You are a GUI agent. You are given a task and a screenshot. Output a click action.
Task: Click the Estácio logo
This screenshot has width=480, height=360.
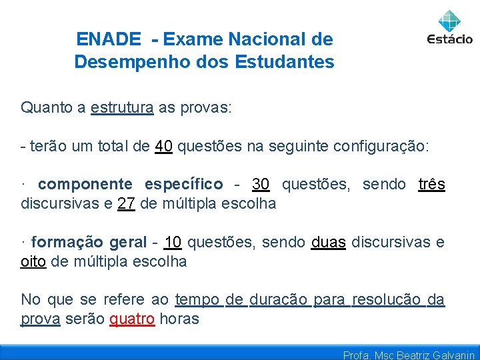point(449,27)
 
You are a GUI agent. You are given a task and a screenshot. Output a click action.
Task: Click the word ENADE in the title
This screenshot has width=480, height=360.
point(109,39)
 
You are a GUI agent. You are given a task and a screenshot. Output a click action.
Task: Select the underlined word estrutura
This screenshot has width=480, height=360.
point(122,107)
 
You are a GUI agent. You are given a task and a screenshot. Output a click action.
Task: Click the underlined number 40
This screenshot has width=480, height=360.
point(164,147)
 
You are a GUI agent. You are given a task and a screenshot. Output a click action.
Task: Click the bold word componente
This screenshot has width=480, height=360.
point(85,184)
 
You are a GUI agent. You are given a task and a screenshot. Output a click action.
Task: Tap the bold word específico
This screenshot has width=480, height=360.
point(184,184)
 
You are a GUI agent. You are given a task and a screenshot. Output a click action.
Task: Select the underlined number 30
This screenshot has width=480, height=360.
point(261,184)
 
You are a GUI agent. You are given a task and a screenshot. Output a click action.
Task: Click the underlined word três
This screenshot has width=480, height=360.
point(431,184)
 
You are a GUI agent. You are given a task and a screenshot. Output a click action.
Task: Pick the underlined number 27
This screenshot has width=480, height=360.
point(127,203)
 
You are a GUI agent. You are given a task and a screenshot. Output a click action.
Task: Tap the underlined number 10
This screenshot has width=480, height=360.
point(173,242)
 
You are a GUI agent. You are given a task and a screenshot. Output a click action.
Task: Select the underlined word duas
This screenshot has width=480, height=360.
point(328,242)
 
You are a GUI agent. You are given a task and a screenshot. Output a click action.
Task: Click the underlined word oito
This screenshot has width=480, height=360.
point(33,261)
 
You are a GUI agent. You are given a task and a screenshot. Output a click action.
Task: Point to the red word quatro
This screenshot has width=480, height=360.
point(132,319)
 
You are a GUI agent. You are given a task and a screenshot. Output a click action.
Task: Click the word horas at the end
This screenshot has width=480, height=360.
point(179,319)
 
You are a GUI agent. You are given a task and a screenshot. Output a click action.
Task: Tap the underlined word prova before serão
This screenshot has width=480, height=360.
point(40,319)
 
